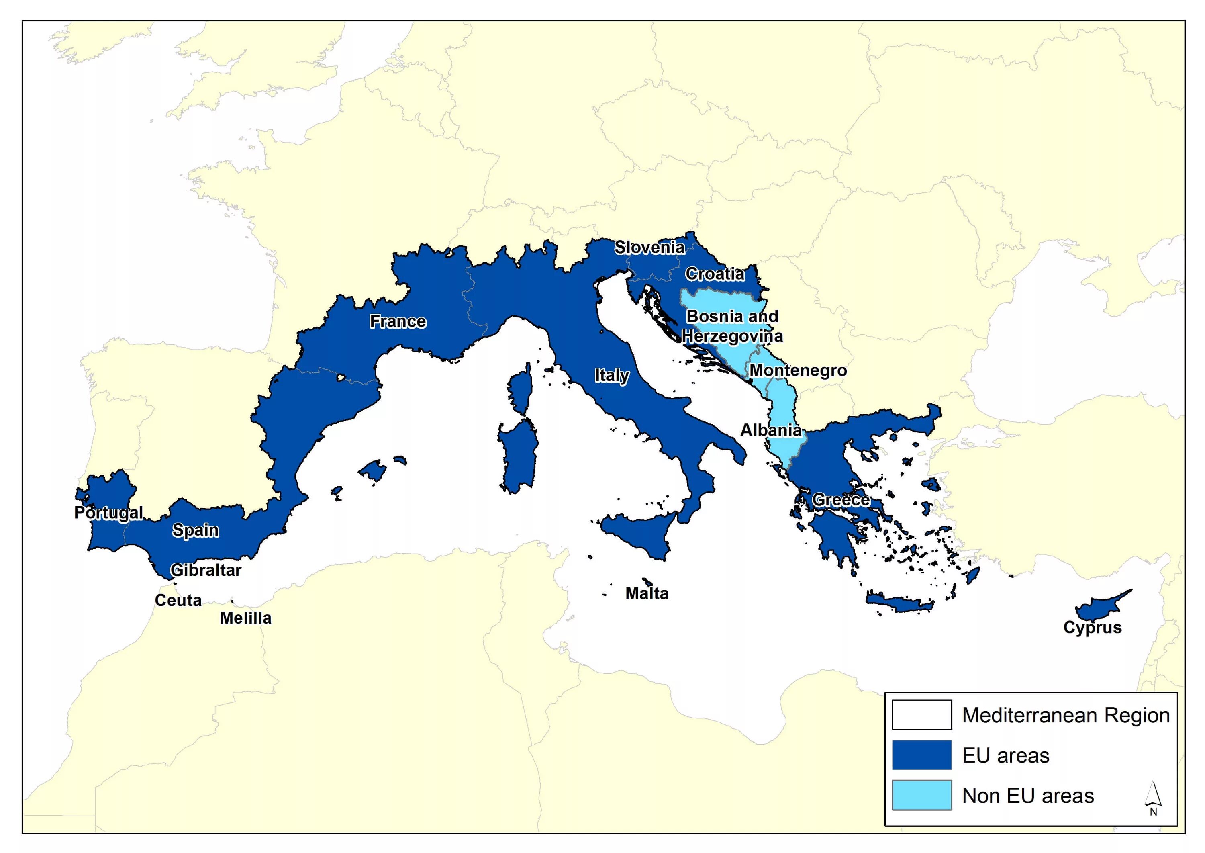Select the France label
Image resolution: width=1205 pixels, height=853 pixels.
398,321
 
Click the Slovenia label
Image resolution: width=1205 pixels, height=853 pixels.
649,248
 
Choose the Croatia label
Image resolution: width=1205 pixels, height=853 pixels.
715,274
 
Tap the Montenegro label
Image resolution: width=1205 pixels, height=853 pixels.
798,370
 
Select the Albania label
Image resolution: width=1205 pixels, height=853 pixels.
771,430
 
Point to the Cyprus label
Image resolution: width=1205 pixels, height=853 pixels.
1092,628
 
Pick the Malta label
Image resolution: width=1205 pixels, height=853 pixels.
647,593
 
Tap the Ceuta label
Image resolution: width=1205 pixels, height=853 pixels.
178,600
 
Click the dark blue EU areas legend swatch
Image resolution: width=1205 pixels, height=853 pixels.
921,755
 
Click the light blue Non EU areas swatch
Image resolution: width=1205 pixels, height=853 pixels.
921,795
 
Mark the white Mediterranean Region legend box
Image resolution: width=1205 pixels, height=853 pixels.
921,715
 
